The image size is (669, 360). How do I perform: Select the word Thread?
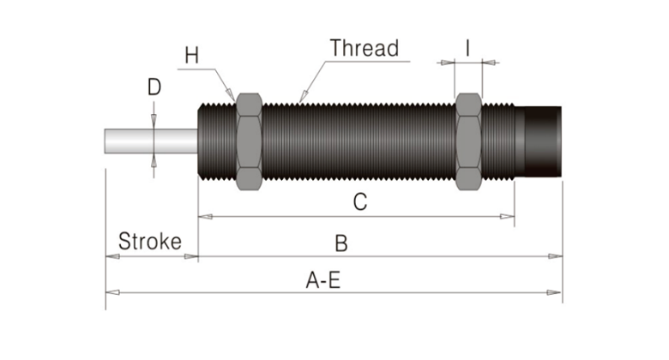point(365,48)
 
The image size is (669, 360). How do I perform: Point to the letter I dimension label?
point(467,48)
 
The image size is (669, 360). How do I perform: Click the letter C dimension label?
point(361,203)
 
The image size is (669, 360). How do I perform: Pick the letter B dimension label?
point(341,243)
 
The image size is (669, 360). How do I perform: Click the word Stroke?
point(150,240)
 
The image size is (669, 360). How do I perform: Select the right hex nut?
point(469,141)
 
